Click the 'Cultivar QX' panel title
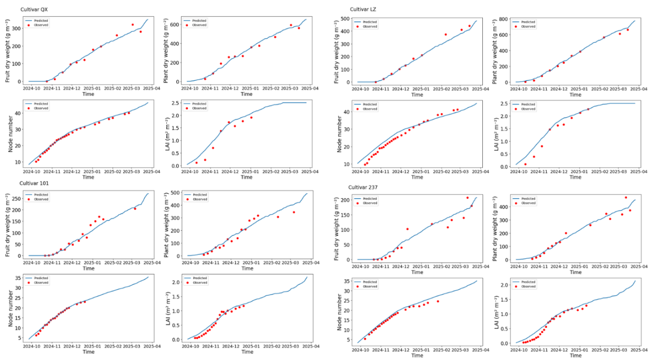tap(34, 10)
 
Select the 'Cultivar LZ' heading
tap(363, 9)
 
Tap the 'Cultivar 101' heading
tap(34, 184)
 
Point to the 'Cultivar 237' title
tap(363, 188)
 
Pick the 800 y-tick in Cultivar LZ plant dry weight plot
tap(503, 19)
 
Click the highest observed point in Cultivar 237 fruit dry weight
tap(467, 198)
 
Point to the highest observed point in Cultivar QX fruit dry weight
tap(132, 25)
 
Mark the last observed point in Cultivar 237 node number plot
tap(438, 301)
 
